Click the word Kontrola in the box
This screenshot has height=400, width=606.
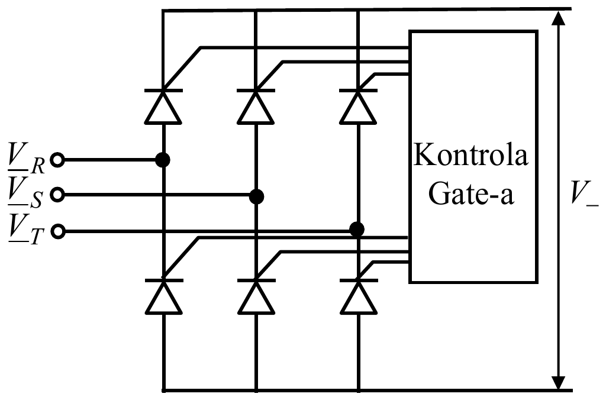click(x=470, y=154)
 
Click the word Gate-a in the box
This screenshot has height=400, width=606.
click(x=471, y=193)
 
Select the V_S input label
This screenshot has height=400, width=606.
click(x=25, y=193)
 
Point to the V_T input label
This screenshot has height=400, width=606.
click(x=26, y=229)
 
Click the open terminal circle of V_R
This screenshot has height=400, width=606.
click(x=57, y=159)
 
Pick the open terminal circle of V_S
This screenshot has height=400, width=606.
click(x=57, y=195)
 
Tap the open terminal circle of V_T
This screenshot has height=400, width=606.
click(x=57, y=231)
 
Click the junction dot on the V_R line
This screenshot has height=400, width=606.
click(x=163, y=160)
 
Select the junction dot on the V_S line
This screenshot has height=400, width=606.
click(x=256, y=196)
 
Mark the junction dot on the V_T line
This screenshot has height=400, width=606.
click(x=357, y=230)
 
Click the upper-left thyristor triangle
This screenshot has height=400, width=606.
click(x=163, y=108)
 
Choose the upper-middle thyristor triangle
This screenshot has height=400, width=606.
click(x=256, y=108)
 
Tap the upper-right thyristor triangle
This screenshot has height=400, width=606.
click(x=358, y=108)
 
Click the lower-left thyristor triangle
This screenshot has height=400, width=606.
click(x=163, y=298)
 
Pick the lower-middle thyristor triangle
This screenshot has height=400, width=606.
click(x=256, y=298)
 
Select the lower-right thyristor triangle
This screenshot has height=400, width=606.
click(x=359, y=298)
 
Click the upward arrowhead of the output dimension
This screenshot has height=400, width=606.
click(x=557, y=18)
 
